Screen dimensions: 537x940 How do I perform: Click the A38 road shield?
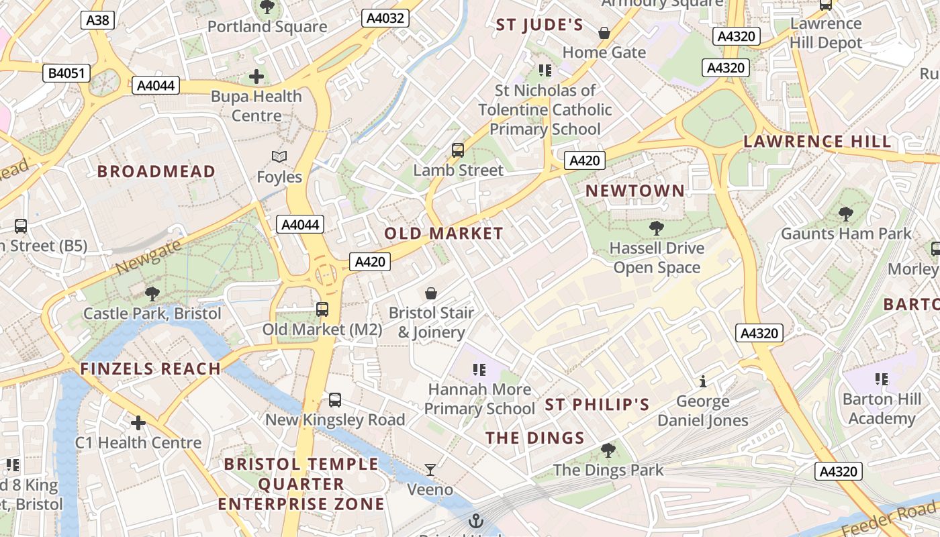(x=97, y=20)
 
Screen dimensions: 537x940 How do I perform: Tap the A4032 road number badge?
(x=385, y=18)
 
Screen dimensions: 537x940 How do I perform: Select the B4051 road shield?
(x=66, y=72)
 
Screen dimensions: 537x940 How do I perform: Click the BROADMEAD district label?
(x=156, y=171)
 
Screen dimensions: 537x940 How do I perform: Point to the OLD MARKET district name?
(x=444, y=234)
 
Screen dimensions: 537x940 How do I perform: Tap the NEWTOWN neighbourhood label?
(x=635, y=191)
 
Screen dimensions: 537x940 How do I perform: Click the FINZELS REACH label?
(x=150, y=369)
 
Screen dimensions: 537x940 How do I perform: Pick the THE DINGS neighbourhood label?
(x=535, y=438)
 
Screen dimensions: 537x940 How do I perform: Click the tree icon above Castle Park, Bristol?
(x=152, y=293)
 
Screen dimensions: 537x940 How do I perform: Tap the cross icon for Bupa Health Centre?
(x=256, y=77)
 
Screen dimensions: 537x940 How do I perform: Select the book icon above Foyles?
(x=279, y=157)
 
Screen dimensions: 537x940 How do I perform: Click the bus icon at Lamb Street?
(x=458, y=150)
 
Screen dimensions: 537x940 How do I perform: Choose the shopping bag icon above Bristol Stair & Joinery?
(x=431, y=293)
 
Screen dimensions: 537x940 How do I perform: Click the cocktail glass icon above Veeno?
(x=430, y=469)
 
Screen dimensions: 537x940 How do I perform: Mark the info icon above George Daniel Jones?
(x=703, y=382)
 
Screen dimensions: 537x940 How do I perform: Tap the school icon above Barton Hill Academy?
(x=882, y=379)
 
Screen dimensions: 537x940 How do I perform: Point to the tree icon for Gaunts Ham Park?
(x=846, y=214)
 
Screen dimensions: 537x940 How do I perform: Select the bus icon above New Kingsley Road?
(x=335, y=400)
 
